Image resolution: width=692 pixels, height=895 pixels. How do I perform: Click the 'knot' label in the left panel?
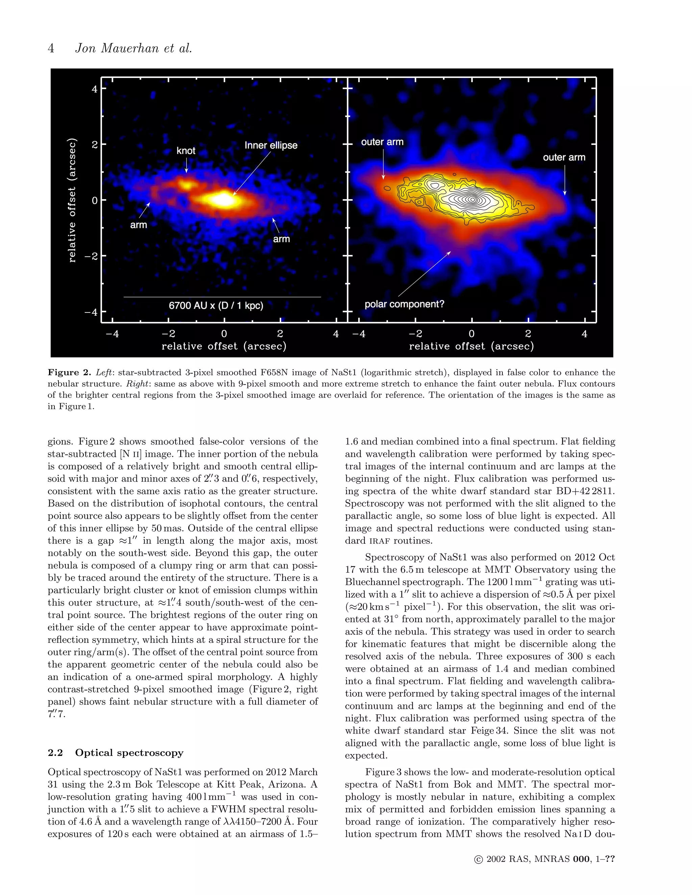pos(186,151)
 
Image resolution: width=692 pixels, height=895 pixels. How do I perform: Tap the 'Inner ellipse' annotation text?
pos(271,146)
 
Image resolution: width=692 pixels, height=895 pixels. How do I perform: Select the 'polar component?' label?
pos(404,304)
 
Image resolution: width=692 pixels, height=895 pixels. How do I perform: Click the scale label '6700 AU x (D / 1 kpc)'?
pos(216,306)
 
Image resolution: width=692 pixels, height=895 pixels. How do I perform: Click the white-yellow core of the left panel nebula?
pos(223,200)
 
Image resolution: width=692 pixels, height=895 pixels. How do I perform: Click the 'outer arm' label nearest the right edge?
pos(564,157)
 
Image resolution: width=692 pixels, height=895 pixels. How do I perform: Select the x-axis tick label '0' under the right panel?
pos(471,334)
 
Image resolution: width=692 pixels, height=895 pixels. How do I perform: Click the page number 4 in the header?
pos(51,48)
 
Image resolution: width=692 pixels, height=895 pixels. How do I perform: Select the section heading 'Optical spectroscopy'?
pos(129,753)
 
